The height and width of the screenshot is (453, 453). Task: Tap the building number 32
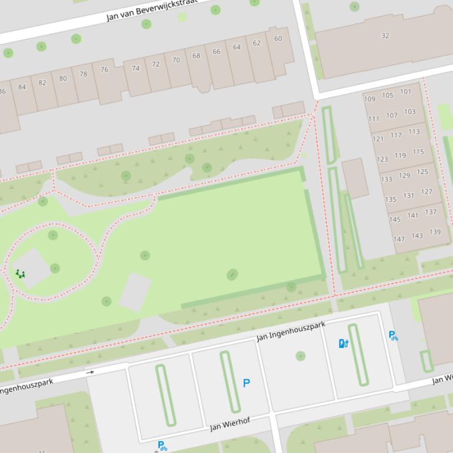pyautogui.click(x=385, y=36)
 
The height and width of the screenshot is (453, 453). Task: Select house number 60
pyautogui.click(x=278, y=39)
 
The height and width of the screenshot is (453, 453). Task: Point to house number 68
pyautogui.click(x=196, y=56)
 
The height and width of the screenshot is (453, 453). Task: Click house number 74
pyautogui.click(x=135, y=68)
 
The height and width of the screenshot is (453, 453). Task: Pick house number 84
pyautogui.click(x=22, y=87)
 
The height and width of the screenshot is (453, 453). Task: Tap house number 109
pyautogui.click(x=369, y=99)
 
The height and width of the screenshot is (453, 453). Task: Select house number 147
pyautogui.click(x=399, y=239)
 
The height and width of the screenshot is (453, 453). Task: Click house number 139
pyautogui.click(x=435, y=232)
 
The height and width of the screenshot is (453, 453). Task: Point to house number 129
pyautogui.click(x=404, y=175)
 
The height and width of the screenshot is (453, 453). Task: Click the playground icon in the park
pyautogui.click(x=20, y=274)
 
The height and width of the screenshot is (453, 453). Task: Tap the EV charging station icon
pyautogui.click(x=344, y=344)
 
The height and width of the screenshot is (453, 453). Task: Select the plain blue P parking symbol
pyautogui.click(x=246, y=383)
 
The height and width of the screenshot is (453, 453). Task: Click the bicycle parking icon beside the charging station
pyautogui.click(x=393, y=335)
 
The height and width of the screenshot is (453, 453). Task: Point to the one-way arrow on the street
pyautogui.click(x=90, y=372)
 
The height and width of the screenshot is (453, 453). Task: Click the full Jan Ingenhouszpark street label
pyautogui.click(x=290, y=331)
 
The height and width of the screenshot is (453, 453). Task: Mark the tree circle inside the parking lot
pyautogui.click(x=300, y=356)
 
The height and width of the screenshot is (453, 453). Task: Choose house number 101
pyautogui.click(x=406, y=91)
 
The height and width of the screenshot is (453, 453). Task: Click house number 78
pyautogui.click(x=84, y=74)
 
